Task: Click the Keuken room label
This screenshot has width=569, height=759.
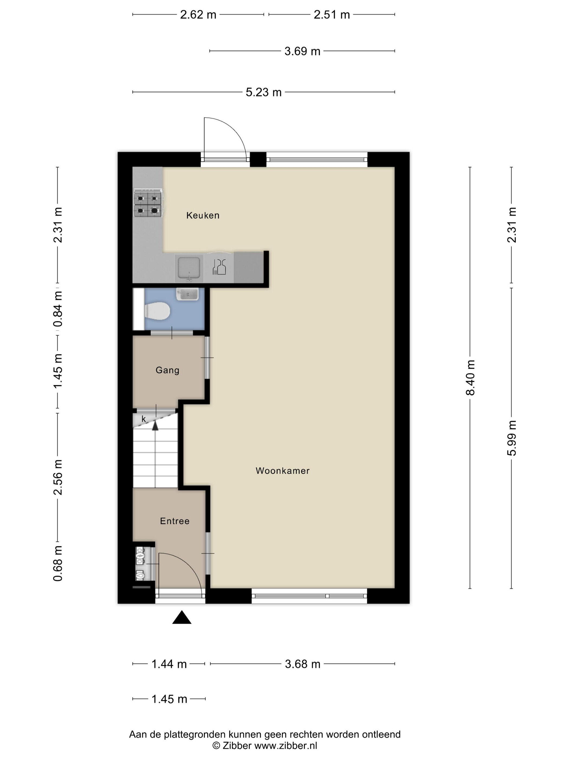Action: [203, 215]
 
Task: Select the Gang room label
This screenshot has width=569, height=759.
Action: [167, 370]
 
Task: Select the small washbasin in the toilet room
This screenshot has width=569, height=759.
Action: [187, 294]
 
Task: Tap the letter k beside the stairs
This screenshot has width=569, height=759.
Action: [144, 419]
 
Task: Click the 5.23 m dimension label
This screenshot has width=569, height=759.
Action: [263, 92]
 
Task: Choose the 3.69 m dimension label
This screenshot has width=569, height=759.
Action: [302, 51]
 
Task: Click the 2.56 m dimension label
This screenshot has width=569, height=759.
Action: [58, 477]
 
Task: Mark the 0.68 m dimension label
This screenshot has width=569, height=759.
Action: [58, 564]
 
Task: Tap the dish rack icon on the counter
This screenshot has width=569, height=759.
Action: [219, 267]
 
